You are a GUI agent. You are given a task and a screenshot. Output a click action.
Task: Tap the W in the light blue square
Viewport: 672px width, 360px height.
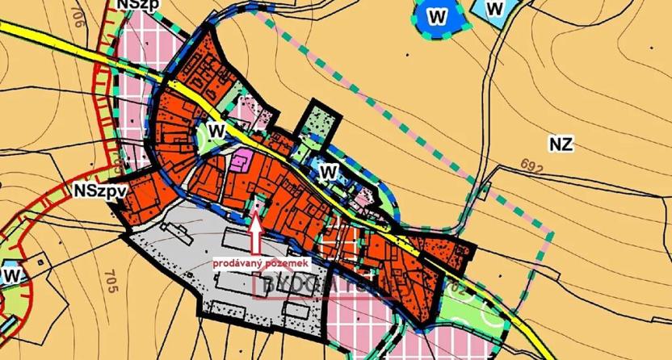tap(496, 8)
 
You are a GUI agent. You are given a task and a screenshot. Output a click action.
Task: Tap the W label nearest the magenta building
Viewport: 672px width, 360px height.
tap(216, 131)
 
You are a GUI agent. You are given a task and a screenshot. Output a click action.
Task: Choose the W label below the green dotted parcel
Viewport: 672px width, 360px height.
tap(326, 171)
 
